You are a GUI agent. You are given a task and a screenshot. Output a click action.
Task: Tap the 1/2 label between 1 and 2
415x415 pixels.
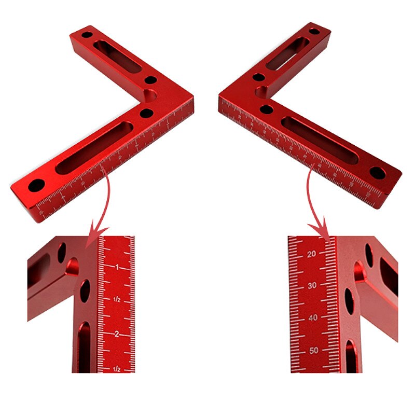[117, 300]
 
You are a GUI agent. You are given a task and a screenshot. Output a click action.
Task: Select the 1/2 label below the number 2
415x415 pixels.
[117, 369]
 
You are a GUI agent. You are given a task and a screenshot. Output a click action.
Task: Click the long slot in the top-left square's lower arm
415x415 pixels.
[94, 148]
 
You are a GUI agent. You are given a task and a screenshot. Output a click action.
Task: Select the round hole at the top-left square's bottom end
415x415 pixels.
[36, 185]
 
